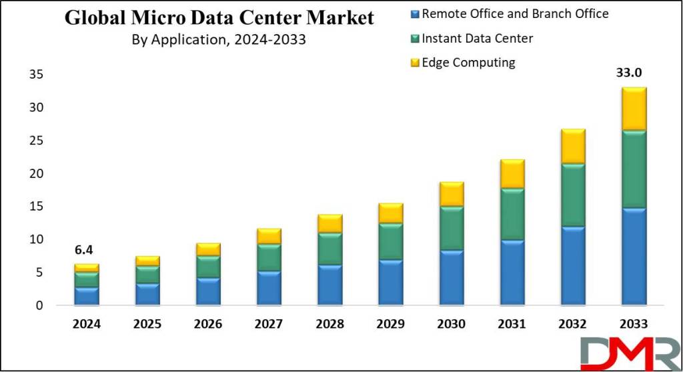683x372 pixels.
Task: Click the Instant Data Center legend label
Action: (478, 39)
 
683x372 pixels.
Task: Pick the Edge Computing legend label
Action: (469, 63)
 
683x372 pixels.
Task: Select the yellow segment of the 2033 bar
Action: (634, 109)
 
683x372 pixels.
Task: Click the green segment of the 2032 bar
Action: (573, 195)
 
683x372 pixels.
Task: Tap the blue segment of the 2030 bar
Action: (452, 277)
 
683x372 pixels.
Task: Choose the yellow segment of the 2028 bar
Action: (330, 223)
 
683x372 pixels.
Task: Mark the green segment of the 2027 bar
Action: (269, 257)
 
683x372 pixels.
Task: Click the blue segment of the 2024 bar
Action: (87, 296)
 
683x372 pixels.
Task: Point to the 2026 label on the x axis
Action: (208, 324)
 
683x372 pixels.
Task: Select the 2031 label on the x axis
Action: (512, 324)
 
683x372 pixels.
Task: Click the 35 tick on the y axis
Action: (35, 75)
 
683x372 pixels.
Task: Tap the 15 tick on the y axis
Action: (35, 207)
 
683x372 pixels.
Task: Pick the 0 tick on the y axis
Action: (39, 306)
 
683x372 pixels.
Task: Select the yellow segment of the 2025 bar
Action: (147, 261)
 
